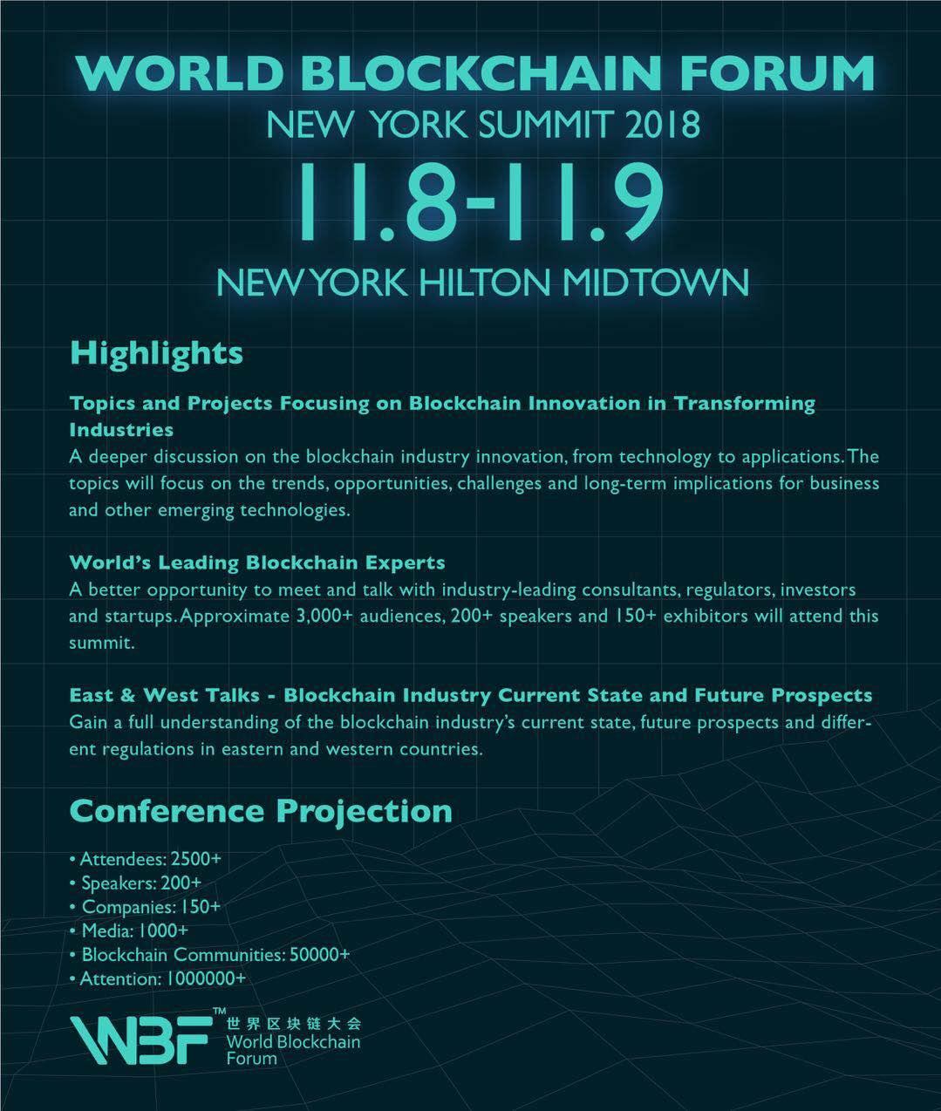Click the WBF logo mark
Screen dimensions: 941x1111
click(x=140, y=1040)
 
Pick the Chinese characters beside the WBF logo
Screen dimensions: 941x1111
click(x=293, y=1024)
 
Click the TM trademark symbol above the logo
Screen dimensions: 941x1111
click(x=219, y=1011)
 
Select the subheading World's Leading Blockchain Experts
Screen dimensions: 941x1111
click(x=257, y=562)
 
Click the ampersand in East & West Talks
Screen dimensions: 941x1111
click(x=127, y=696)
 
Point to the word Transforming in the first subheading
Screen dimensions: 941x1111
click(x=745, y=404)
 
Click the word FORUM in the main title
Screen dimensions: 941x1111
click(x=778, y=73)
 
